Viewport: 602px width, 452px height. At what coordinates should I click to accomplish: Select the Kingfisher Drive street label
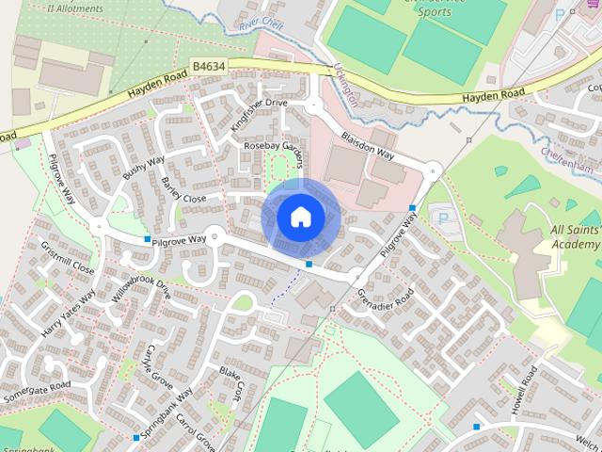[259, 114]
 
